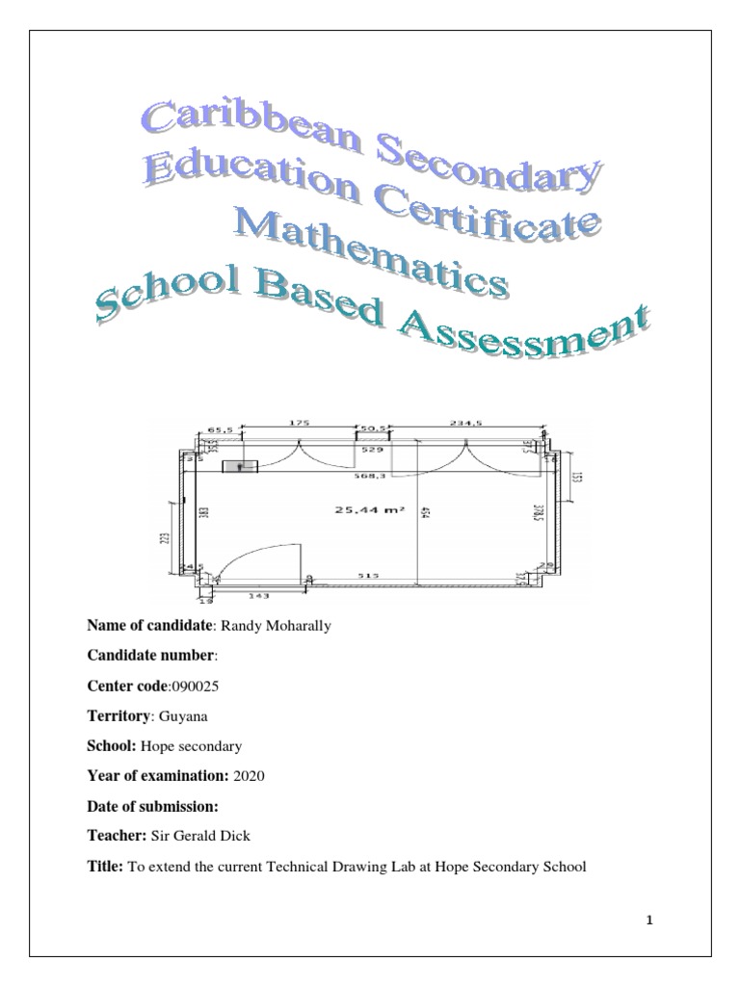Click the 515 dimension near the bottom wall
[x=370, y=575]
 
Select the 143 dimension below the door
[x=257, y=596]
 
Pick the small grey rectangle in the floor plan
[x=240, y=467]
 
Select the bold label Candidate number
[x=151, y=657]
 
